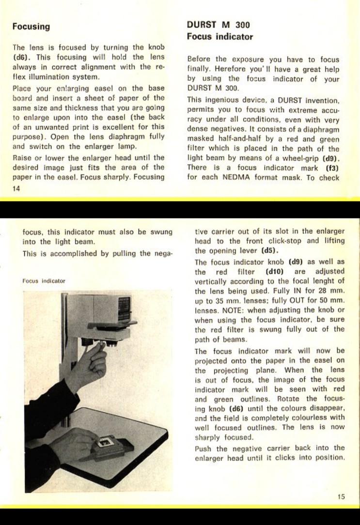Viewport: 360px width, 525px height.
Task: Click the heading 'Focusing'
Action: pos(31,27)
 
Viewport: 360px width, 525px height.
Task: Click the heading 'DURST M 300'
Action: pos(215,25)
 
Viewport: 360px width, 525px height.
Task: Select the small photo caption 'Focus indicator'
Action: pos(44,281)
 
